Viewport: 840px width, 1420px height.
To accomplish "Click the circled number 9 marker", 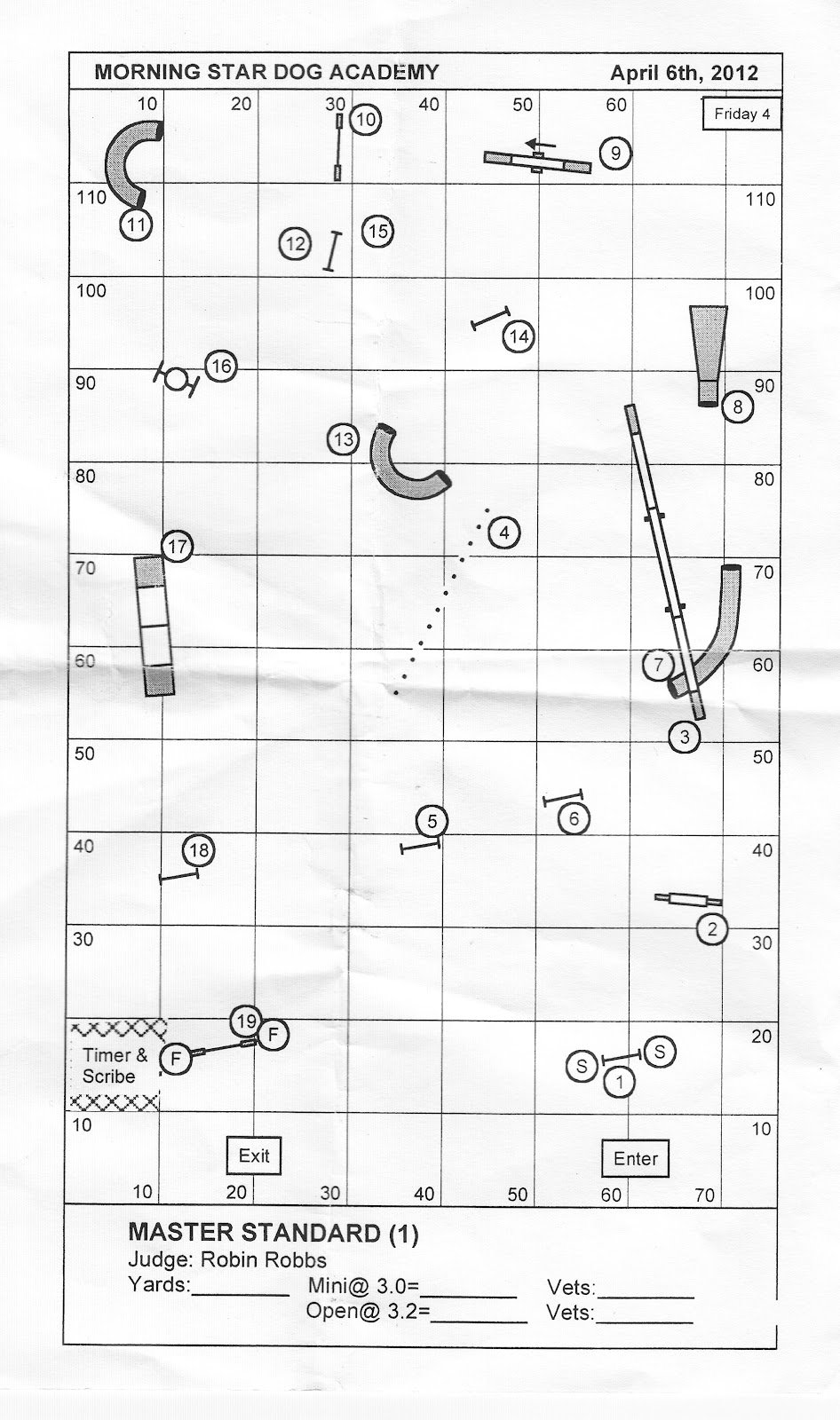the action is point(614,154).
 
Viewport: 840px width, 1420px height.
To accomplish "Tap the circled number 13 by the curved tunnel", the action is point(343,438).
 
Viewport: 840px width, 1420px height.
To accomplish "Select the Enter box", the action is point(636,1158).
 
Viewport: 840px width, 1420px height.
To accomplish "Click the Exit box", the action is point(254,1156).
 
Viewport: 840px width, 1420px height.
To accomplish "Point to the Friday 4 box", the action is point(741,114).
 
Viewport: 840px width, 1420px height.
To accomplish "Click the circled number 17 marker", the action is point(178,546).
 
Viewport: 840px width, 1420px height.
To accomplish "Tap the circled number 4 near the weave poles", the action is point(504,532).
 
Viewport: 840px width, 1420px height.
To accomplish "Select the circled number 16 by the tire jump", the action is point(220,366).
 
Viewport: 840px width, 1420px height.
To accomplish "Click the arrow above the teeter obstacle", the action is point(541,143).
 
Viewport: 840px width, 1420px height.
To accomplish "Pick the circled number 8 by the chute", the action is point(737,407).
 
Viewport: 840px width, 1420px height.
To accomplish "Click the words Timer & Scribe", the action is point(115,1065).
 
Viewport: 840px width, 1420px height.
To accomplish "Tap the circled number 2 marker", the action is point(712,929).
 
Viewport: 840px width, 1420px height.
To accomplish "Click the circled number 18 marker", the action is point(199,851).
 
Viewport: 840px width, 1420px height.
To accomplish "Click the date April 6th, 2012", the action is point(684,73).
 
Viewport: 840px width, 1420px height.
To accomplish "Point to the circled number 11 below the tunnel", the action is point(135,225).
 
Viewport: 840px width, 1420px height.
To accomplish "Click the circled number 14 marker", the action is point(519,336).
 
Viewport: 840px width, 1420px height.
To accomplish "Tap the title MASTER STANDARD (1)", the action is point(273,1233).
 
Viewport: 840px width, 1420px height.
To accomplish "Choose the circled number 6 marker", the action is point(574,818).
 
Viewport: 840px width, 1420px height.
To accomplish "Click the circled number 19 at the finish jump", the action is point(246,1022).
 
